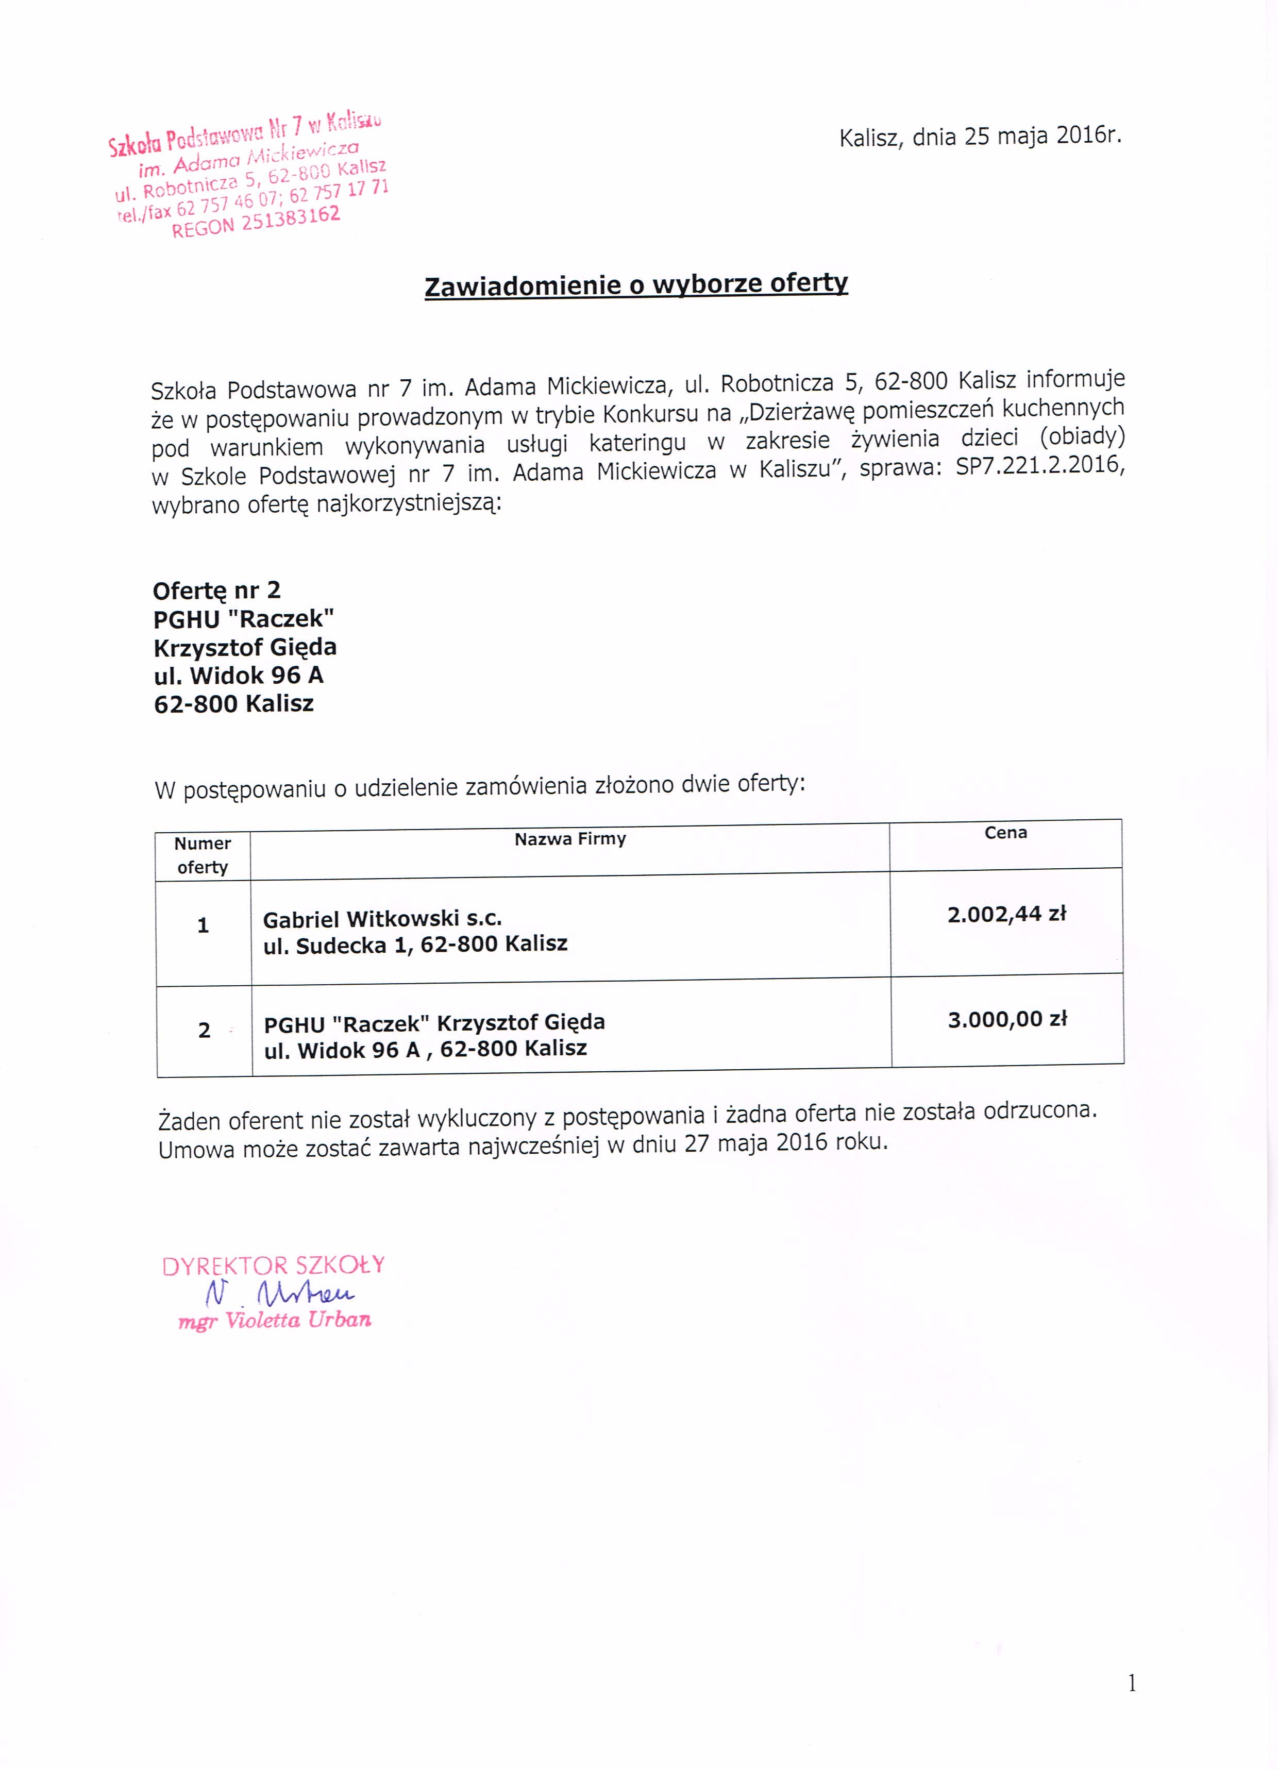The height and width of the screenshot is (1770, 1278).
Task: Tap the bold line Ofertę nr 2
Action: [217, 590]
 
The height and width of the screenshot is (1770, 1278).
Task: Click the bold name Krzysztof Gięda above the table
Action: [245, 647]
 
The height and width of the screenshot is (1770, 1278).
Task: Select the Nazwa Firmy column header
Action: [570, 839]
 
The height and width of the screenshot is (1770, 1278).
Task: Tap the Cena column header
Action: [1005, 833]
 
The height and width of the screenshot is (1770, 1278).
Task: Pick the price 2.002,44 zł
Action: [1006, 914]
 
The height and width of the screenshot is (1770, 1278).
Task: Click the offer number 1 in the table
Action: [203, 925]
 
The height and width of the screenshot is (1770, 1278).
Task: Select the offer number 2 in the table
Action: [205, 1030]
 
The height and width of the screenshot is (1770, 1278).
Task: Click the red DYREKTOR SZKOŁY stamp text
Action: [273, 1266]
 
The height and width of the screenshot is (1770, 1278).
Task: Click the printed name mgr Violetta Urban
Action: [275, 1321]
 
